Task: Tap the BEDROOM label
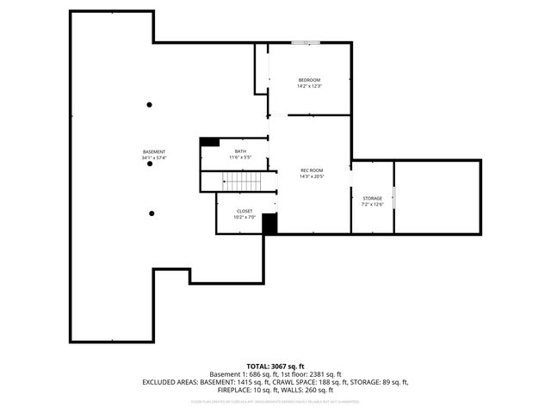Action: coord(309,80)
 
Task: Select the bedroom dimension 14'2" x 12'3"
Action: coord(309,86)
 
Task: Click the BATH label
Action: coord(240,151)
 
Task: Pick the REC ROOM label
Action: coord(311,170)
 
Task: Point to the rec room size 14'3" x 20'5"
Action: coord(311,176)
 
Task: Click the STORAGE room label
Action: coord(372,199)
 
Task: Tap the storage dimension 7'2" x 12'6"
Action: coord(372,205)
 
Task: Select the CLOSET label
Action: coord(245,211)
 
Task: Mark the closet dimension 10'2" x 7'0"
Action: coord(245,217)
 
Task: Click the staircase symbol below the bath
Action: coord(240,182)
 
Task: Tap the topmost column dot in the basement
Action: coord(150,105)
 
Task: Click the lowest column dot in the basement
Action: coord(152,213)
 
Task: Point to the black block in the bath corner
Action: coord(209,142)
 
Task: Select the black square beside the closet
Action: coord(270,224)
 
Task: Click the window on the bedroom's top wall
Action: coord(306,42)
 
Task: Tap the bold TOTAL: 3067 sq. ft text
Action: coord(275,367)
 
